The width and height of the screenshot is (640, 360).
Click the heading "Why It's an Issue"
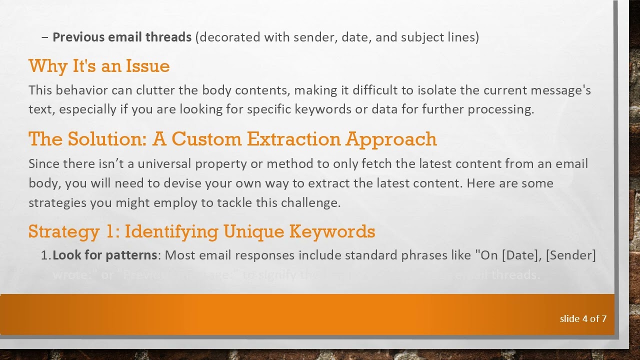pos(99,66)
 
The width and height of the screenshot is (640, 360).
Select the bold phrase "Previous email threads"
pos(122,37)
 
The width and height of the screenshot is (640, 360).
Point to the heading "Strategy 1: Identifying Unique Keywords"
pos(201,231)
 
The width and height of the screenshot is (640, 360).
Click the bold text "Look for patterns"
pos(104,255)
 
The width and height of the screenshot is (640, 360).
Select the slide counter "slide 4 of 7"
pos(583,318)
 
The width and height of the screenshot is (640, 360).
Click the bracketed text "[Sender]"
pos(570,255)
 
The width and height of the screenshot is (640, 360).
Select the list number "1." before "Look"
pos(45,255)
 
